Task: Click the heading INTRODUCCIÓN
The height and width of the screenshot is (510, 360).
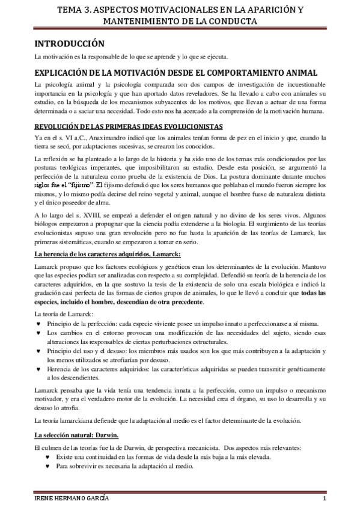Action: coord(69,44)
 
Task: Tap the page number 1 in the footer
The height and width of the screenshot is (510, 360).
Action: coord(324,500)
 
